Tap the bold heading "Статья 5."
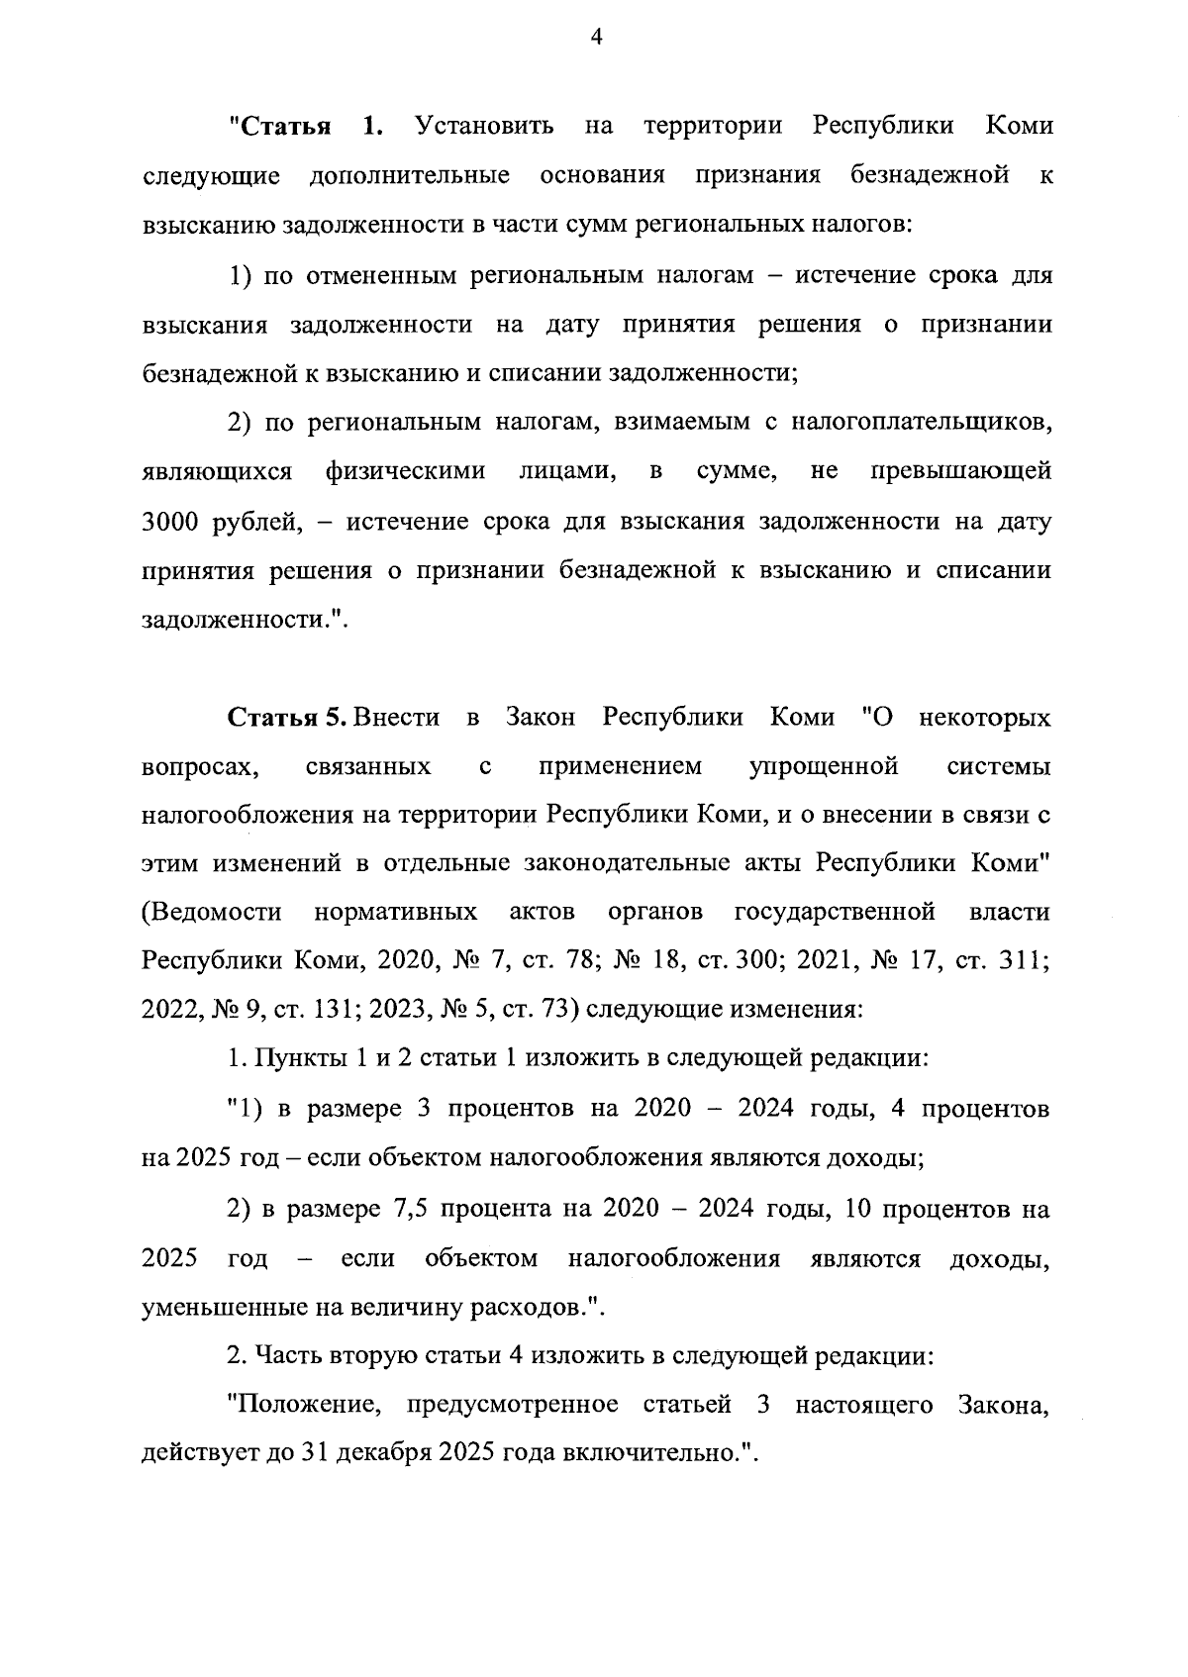point(287,717)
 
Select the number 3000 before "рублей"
point(173,522)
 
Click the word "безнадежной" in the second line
point(930,176)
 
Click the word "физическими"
point(406,472)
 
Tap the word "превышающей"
point(960,472)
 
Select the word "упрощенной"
point(824,766)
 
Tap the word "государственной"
point(835,912)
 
